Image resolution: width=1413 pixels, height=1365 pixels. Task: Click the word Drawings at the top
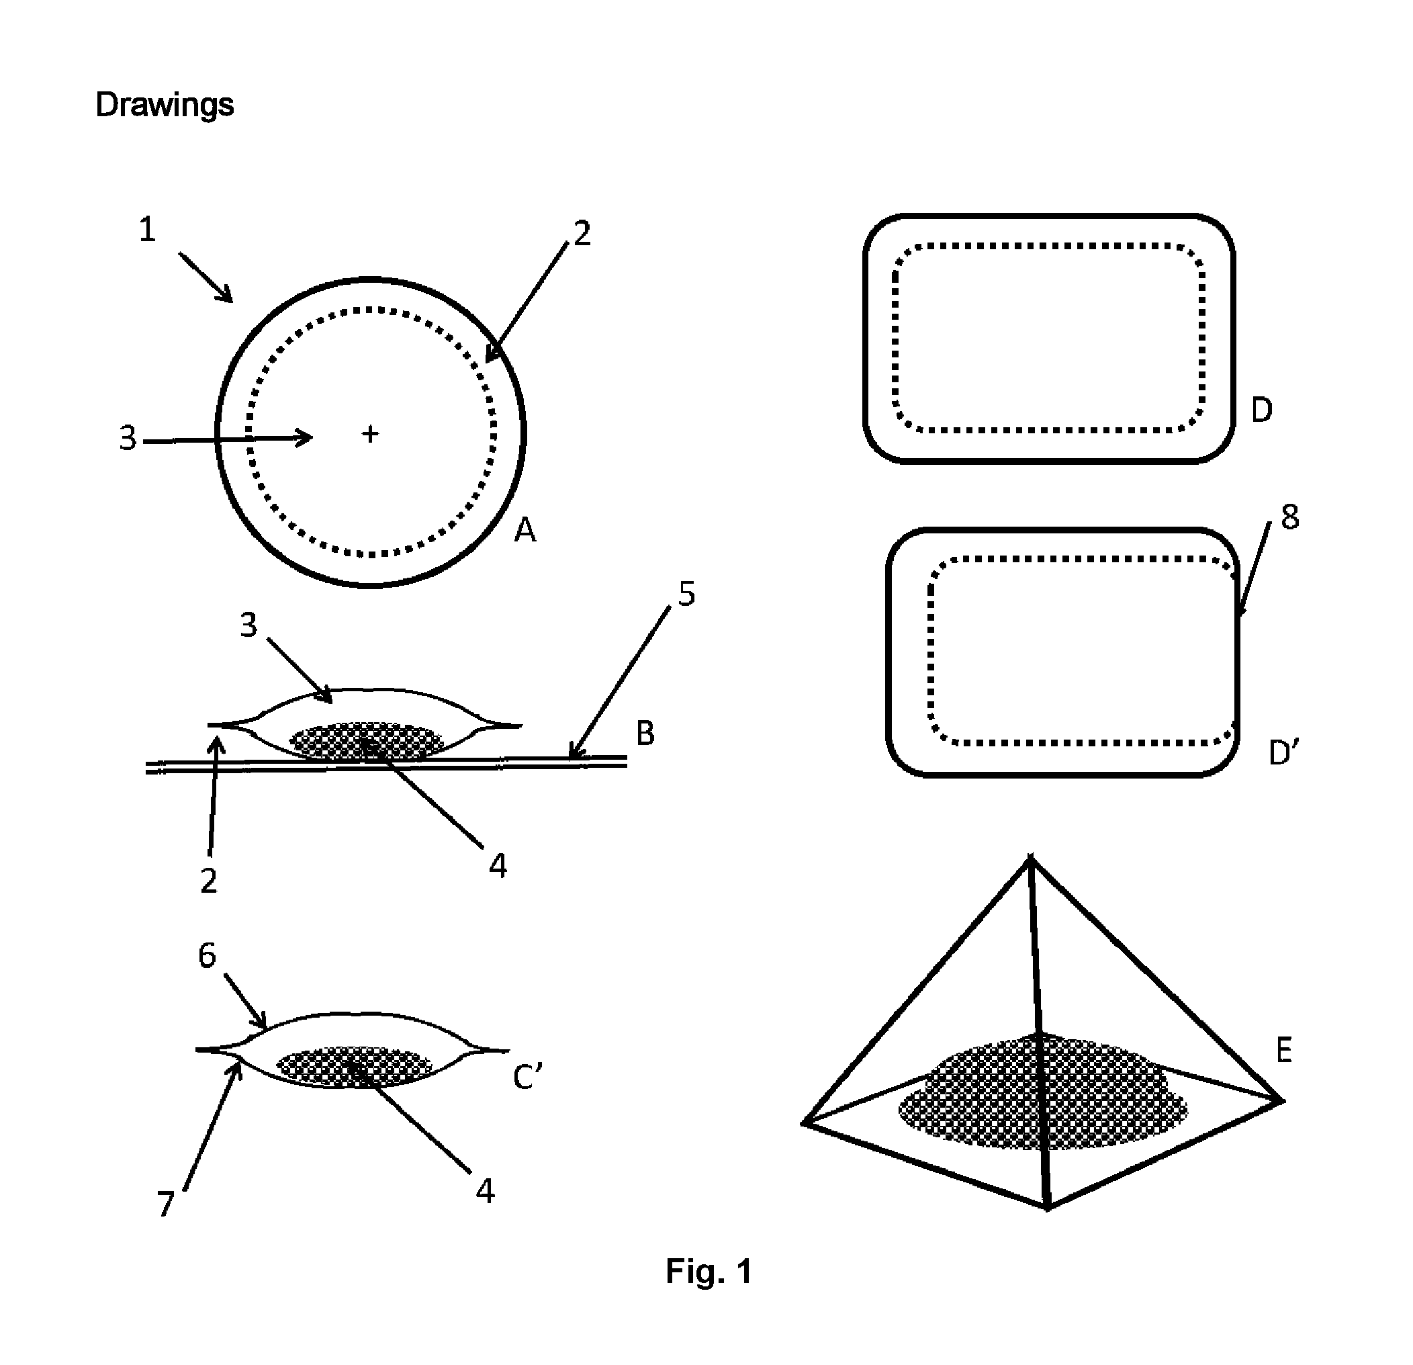coord(165,105)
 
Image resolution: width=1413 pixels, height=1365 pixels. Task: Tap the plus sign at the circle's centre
coord(370,433)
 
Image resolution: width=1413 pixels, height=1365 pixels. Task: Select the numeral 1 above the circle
coord(147,229)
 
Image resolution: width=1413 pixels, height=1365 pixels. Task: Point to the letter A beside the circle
coord(525,531)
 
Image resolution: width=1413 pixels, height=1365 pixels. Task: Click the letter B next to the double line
coord(645,733)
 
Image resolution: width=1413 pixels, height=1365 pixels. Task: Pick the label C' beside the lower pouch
coord(527,1077)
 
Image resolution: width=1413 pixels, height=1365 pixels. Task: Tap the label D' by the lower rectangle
coord(1283,753)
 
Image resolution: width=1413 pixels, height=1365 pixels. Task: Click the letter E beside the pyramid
coord(1283,1050)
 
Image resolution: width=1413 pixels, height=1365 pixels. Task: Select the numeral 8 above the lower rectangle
coord(1289,517)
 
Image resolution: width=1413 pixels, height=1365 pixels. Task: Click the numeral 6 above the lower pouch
coord(207,955)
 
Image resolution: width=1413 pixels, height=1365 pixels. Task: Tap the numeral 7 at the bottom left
coord(166,1204)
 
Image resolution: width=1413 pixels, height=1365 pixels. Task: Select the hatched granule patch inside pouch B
coord(366,741)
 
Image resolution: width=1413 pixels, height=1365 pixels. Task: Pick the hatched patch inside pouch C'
coord(355,1067)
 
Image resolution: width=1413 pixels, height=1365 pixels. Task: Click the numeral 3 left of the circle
coord(128,438)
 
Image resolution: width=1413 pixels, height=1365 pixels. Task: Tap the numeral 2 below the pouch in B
coord(208,881)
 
